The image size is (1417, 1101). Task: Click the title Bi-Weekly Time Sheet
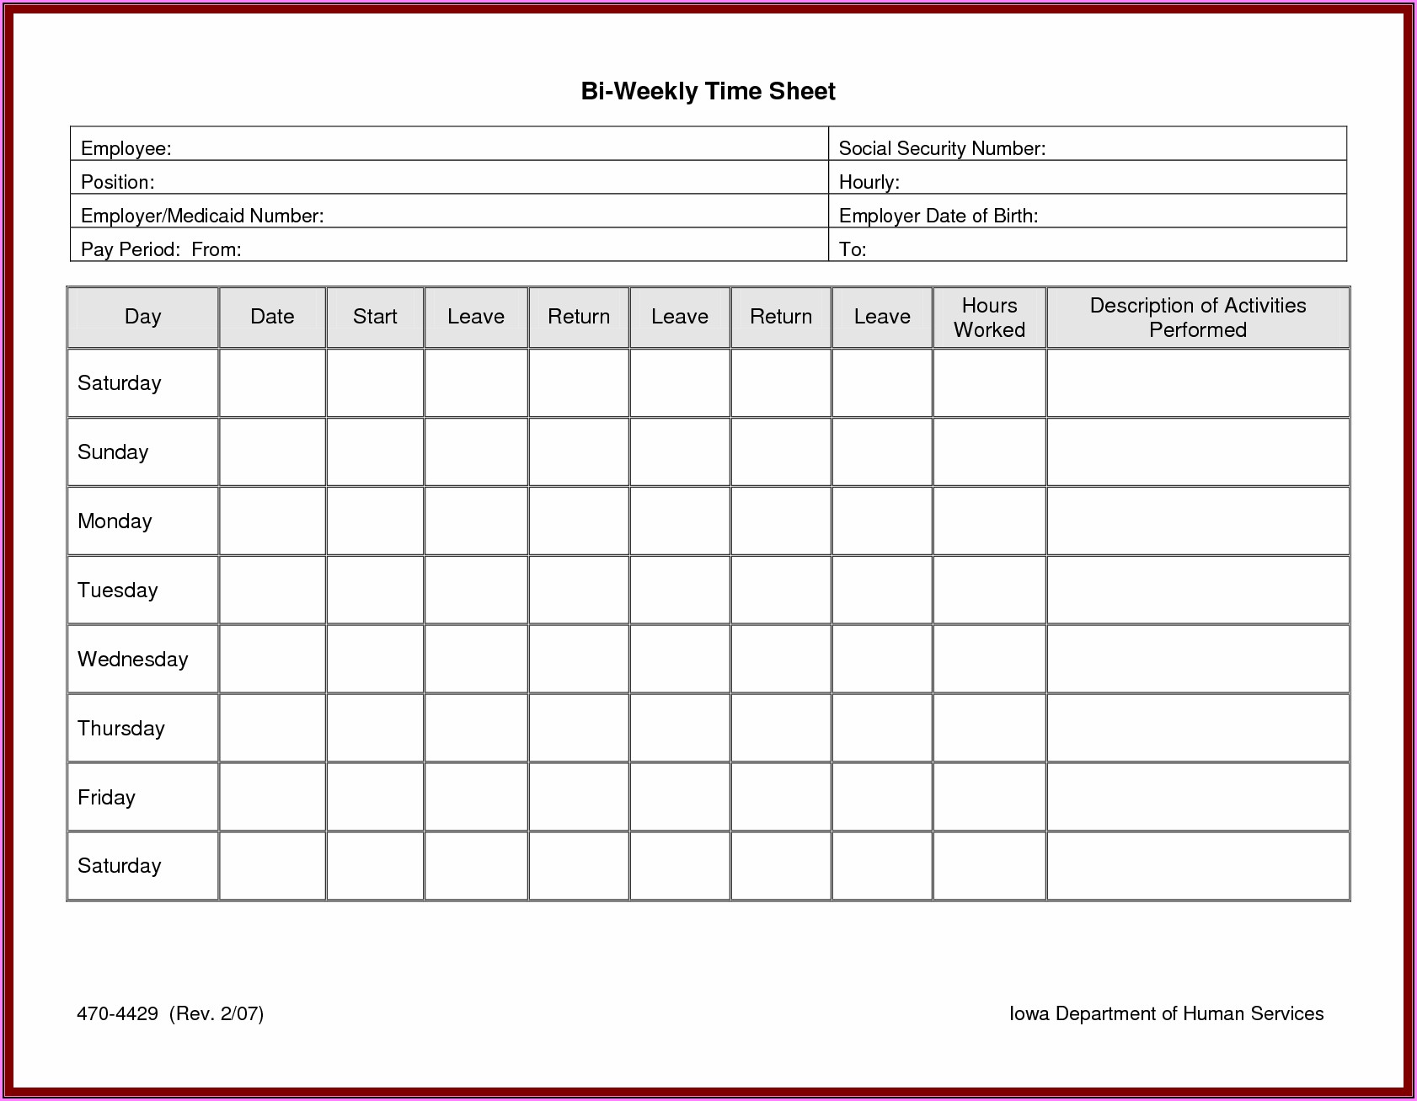click(708, 91)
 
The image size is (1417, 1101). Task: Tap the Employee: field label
click(126, 148)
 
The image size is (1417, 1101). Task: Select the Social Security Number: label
click(942, 148)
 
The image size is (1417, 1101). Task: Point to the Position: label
click(117, 182)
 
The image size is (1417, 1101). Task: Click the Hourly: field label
click(869, 182)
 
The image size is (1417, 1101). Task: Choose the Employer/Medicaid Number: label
click(202, 216)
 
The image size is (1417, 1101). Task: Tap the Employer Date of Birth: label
click(938, 216)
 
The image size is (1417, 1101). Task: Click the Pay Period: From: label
click(161, 249)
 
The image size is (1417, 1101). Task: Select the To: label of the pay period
click(853, 249)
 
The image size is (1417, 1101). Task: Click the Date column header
click(272, 317)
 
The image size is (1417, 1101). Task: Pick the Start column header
click(375, 317)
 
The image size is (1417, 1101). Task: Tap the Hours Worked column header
click(989, 318)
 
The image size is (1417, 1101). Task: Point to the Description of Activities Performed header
click(1197, 318)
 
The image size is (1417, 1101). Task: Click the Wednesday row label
click(132, 659)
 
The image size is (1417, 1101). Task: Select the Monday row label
click(115, 521)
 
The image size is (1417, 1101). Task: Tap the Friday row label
click(106, 797)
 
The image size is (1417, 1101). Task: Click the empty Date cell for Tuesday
click(272, 590)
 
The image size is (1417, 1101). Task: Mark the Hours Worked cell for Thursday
click(989, 728)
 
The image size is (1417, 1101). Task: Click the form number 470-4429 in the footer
click(117, 1013)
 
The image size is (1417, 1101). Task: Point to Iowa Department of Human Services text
click(1166, 1013)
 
